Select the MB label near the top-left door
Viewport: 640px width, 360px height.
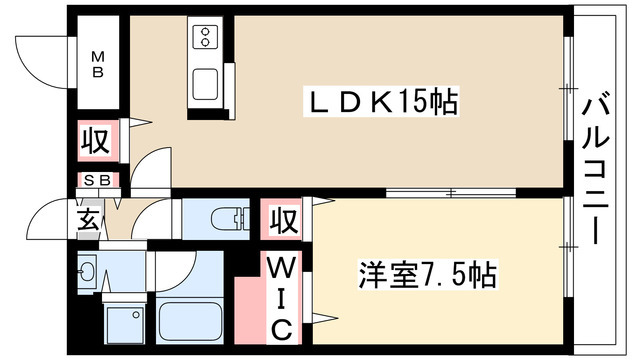101,64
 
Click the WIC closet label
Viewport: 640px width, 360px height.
283,297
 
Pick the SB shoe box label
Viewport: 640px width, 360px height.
98,181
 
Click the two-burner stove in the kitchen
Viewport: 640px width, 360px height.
205,37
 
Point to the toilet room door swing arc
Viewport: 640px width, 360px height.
157,215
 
